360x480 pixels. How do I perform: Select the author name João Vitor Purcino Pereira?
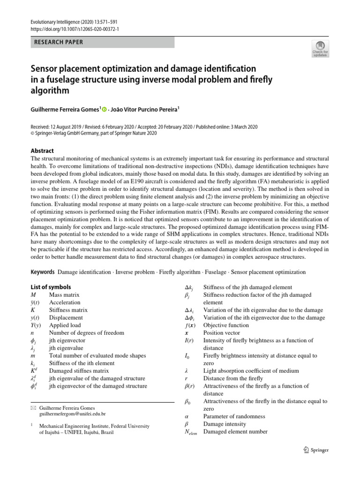click(145, 109)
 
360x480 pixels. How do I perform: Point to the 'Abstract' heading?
click(42, 151)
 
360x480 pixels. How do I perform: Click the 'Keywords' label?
click(43, 272)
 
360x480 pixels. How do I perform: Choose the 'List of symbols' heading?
click(51, 287)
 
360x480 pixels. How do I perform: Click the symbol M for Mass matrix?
click(33, 295)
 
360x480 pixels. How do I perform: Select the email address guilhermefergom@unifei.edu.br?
click(73, 414)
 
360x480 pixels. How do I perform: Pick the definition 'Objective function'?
click(226, 325)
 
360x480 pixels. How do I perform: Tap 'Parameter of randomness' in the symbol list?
click(234, 416)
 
